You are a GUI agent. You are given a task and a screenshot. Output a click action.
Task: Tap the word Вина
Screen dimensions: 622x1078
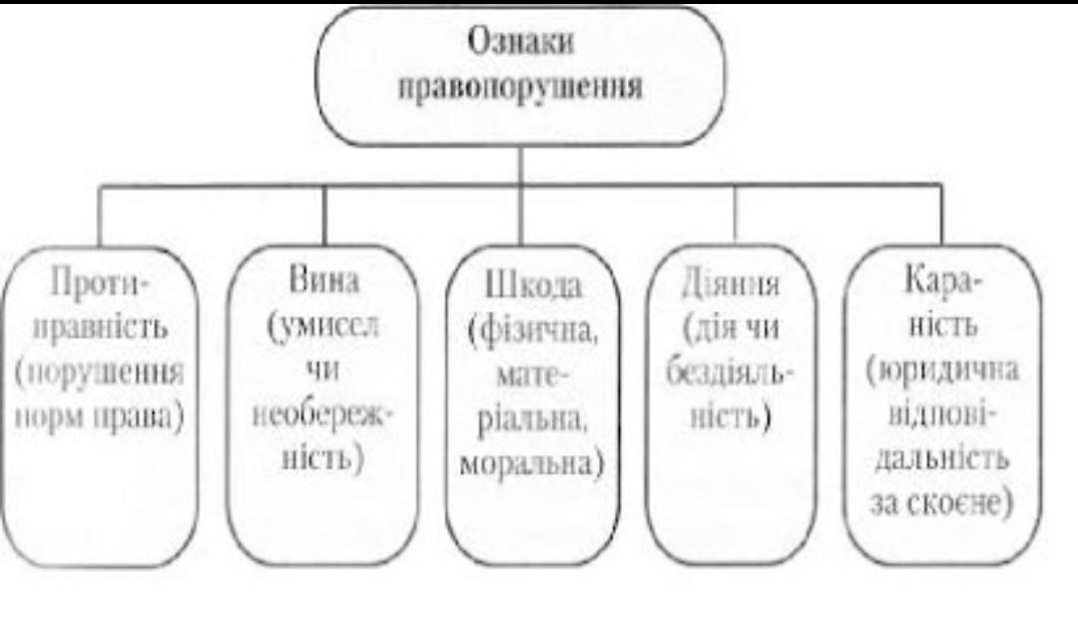click(323, 281)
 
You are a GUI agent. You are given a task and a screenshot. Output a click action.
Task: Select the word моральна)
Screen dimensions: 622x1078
click(533, 465)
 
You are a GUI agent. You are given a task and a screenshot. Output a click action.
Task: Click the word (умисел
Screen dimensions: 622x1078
click(323, 326)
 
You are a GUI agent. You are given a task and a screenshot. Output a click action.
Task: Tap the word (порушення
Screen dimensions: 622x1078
click(99, 374)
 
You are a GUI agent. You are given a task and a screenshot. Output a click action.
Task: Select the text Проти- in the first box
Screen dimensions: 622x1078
click(99, 287)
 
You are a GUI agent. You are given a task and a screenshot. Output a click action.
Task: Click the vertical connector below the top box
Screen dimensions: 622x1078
click(520, 165)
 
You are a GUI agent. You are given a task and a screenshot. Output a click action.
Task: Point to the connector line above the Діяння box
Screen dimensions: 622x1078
click(735, 214)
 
